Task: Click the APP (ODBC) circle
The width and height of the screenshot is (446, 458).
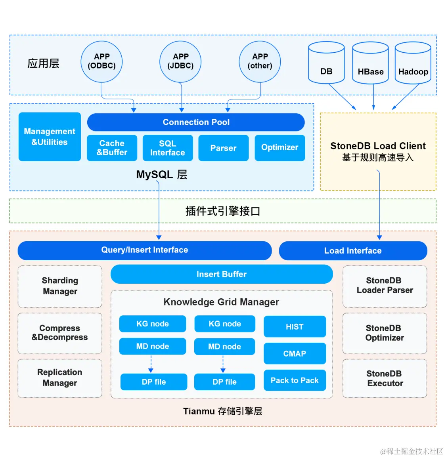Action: [101, 61]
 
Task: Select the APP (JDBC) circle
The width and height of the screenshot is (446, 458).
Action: [180, 61]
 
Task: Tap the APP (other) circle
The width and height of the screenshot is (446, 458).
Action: [260, 61]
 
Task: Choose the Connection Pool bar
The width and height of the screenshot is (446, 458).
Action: [196, 122]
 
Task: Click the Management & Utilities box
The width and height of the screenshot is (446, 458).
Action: [50, 137]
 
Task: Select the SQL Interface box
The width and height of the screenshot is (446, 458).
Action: [167, 148]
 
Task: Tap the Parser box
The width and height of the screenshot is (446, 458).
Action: [223, 148]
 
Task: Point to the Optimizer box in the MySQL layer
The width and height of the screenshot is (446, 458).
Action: [279, 148]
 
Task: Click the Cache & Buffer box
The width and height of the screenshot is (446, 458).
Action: [112, 148]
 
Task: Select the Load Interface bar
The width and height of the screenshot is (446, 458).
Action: [353, 251]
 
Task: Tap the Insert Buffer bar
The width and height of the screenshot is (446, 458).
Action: [221, 274]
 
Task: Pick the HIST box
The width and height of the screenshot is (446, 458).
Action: [295, 326]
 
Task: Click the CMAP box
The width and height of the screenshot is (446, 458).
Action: [295, 353]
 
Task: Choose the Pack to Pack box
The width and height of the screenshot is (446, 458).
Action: [295, 380]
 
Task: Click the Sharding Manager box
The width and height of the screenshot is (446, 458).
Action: [60, 286]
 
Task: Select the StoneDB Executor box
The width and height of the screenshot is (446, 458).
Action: [385, 378]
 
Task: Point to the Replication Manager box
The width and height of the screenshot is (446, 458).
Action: [60, 378]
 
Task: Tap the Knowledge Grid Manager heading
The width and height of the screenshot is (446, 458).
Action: [221, 302]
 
